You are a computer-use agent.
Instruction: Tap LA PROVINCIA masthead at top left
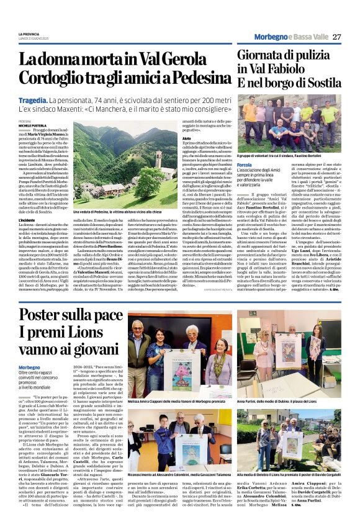tap(29, 34)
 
